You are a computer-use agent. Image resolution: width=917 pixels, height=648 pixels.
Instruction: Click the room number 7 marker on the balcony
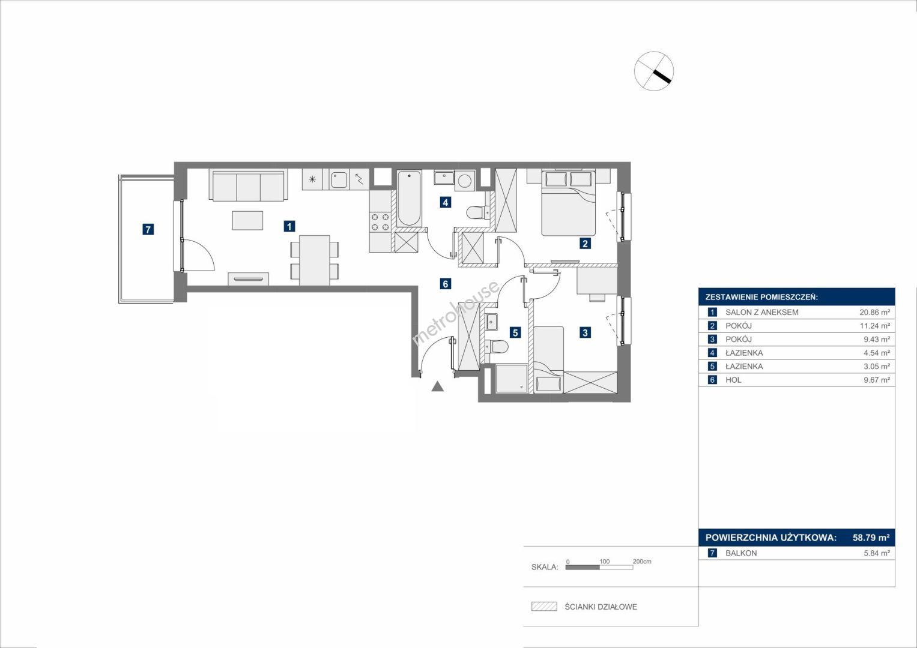[x=148, y=229]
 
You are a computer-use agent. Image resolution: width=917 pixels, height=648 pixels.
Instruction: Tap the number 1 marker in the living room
[x=289, y=226]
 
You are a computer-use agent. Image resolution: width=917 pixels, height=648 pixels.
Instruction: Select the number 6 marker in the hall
[x=446, y=283]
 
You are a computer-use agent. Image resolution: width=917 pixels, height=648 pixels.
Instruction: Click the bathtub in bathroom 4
[x=410, y=198]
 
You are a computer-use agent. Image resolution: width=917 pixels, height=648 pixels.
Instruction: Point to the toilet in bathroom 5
[x=497, y=347]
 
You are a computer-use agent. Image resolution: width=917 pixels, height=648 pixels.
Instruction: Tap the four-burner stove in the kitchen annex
[x=380, y=222]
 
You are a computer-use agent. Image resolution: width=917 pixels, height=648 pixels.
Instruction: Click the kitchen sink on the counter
[x=339, y=179]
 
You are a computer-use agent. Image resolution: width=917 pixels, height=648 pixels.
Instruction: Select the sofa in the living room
[x=249, y=185]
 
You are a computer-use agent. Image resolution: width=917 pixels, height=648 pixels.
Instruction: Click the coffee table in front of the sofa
[x=247, y=221]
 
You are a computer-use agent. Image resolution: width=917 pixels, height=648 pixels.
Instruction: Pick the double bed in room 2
[x=569, y=203]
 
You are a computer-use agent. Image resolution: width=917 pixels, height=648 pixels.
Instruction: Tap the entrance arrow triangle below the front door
[x=438, y=386]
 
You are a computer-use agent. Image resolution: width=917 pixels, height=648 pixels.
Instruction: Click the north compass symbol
[x=654, y=71]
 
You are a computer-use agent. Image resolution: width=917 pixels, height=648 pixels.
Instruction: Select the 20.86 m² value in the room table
[x=874, y=312]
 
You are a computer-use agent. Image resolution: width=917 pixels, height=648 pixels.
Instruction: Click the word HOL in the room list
[x=734, y=380]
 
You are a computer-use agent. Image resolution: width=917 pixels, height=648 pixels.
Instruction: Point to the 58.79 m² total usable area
[x=871, y=537]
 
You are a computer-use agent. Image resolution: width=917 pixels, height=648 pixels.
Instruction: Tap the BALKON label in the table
[x=742, y=553]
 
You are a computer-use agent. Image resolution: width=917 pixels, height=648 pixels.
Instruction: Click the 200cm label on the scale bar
[x=642, y=561]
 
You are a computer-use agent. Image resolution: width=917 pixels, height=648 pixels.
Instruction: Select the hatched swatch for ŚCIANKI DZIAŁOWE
[x=544, y=606]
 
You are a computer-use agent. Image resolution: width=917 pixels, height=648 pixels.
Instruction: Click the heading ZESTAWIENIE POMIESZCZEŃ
[x=762, y=298]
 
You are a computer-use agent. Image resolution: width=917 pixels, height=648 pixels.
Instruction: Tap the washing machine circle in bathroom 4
[x=465, y=181]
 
